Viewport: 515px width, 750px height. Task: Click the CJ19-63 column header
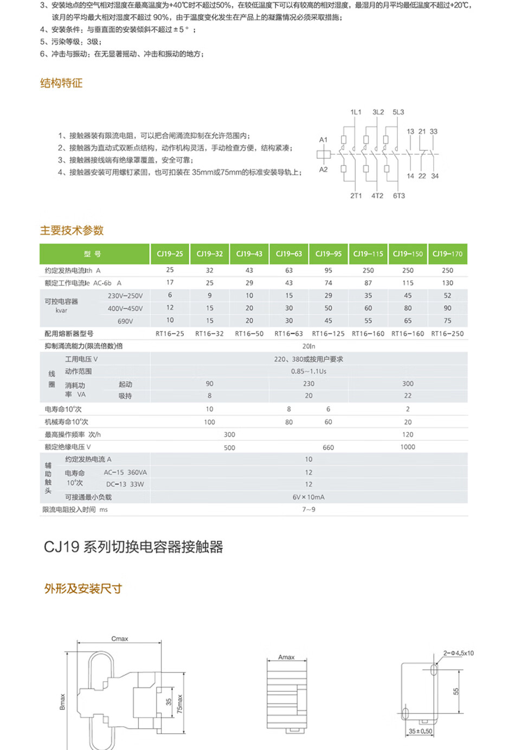click(289, 254)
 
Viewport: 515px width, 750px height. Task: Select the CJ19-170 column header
click(447, 254)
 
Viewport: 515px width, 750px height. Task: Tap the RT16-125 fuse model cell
click(328, 334)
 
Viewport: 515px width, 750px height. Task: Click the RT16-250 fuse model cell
click(447, 334)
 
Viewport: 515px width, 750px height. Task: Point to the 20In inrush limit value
click(308, 346)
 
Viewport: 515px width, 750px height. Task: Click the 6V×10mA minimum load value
click(308, 497)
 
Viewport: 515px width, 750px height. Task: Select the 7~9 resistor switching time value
click(308, 509)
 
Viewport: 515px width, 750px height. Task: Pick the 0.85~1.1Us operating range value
click(308, 371)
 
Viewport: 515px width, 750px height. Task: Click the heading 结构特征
click(61, 83)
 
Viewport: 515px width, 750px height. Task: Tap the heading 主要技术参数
click(72, 230)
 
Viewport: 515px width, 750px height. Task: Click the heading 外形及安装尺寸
click(83, 589)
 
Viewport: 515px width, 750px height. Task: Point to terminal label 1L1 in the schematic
click(356, 112)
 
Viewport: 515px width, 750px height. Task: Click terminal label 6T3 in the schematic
click(399, 196)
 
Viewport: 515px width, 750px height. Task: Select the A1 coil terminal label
click(323, 140)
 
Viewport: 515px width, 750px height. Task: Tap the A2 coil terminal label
click(323, 170)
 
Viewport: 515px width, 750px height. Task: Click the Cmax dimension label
click(120, 639)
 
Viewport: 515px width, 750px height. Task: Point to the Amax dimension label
click(286, 657)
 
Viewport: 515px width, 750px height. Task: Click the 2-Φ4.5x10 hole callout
click(458, 653)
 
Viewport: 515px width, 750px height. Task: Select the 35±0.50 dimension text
click(421, 732)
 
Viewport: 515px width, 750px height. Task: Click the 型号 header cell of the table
click(93, 254)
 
